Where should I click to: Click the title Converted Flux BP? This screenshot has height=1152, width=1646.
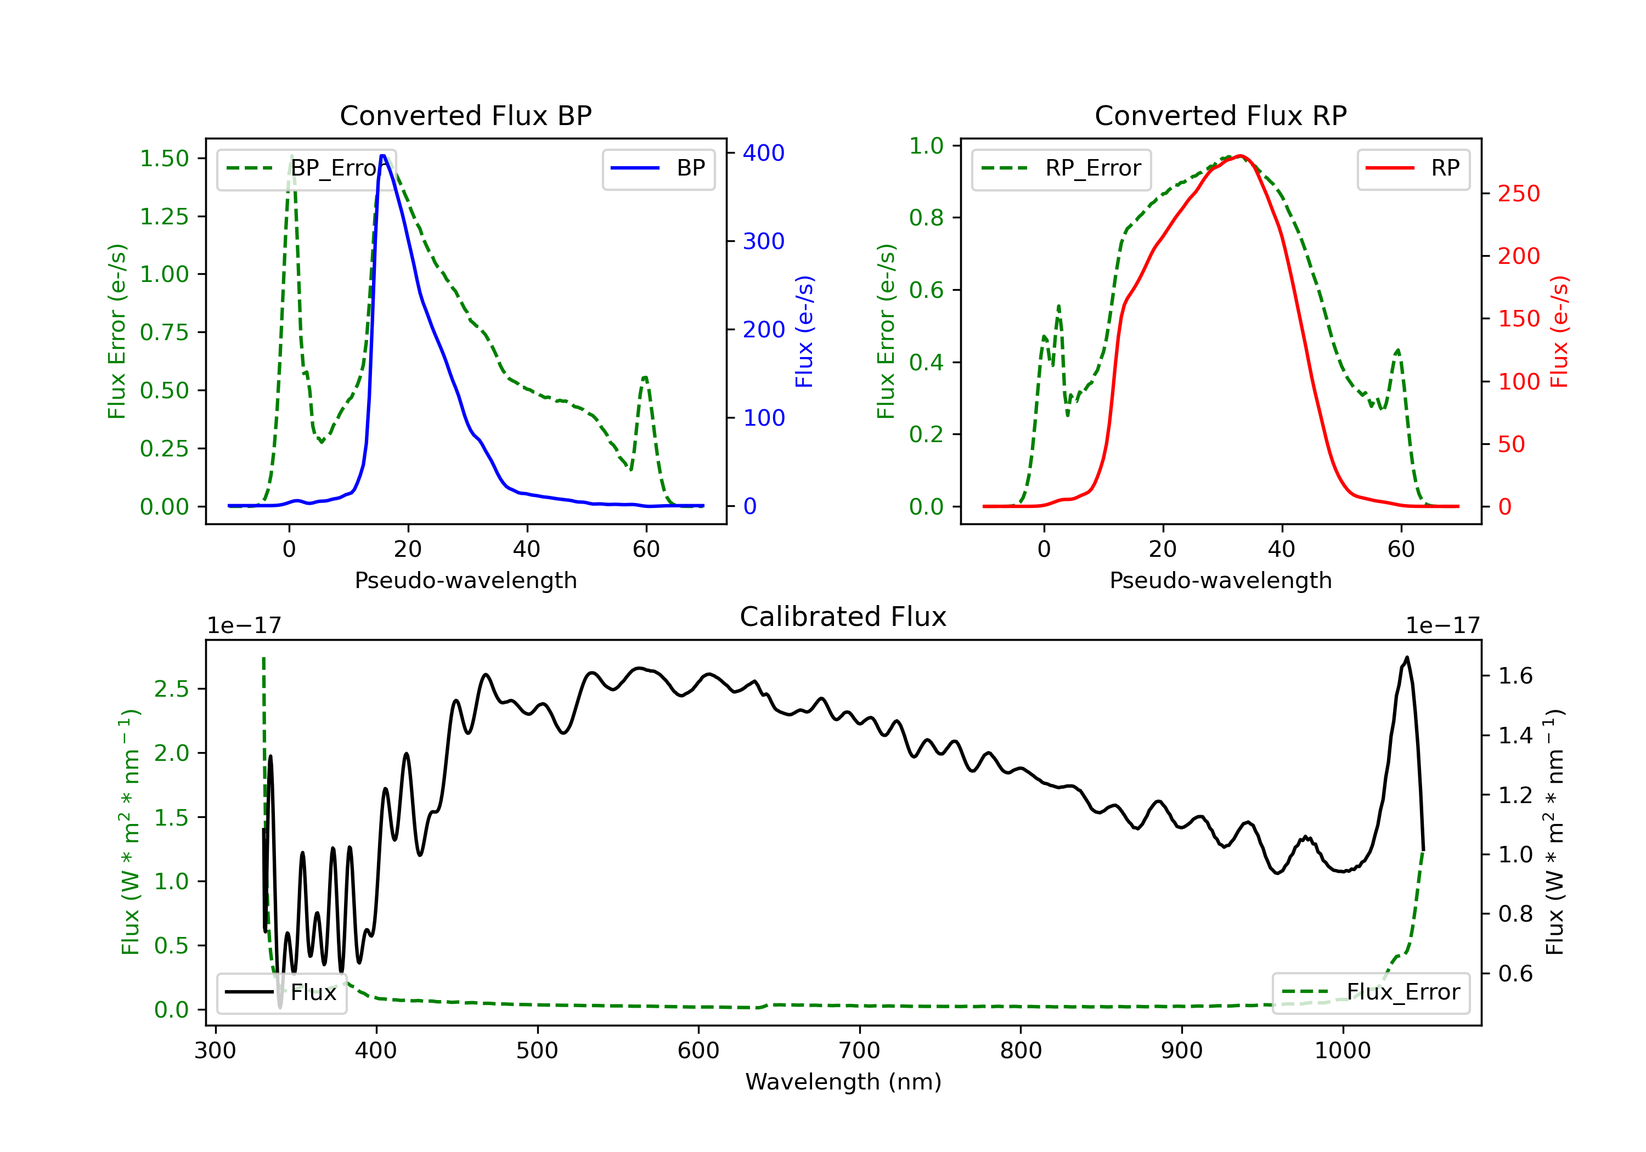[x=465, y=115]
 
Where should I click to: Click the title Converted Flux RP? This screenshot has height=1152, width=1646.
[x=1220, y=115]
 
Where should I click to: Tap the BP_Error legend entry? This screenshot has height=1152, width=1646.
[x=306, y=168]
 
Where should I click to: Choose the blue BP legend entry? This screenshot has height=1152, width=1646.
[x=658, y=168]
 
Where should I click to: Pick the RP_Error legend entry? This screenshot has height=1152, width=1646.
[x=1061, y=168]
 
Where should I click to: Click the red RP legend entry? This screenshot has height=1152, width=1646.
[x=1412, y=168]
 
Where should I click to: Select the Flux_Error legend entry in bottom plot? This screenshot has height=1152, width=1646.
[x=1370, y=992]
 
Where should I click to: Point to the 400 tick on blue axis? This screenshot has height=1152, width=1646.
[x=764, y=153]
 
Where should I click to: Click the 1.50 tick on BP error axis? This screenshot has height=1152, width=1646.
[x=164, y=159]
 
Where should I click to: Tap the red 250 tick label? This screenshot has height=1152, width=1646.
[x=1518, y=194]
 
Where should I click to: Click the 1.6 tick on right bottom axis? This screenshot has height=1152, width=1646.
[x=1515, y=675]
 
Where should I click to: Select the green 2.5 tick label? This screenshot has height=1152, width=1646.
[x=171, y=689]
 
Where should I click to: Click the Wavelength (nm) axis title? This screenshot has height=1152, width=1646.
[x=843, y=1082]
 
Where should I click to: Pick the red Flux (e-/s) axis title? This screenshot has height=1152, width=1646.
[x=1559, y=331]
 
